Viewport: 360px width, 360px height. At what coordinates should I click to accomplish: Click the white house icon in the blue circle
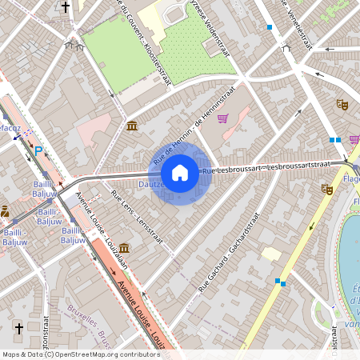click(180, 172)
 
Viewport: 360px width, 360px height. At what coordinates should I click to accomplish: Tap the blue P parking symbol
click(38, 150)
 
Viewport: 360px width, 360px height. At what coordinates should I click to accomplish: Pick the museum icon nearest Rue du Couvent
click(131, 126)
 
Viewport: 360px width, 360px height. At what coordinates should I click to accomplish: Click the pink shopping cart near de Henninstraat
click(222, 118)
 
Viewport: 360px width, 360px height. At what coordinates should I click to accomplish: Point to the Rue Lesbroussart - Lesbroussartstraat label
click(266, 167)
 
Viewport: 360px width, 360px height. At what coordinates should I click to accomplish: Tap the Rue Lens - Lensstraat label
click(137, 218)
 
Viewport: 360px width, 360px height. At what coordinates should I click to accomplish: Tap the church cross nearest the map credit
click(19, 328)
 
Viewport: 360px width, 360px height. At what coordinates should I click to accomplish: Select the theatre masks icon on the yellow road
click(326, 190)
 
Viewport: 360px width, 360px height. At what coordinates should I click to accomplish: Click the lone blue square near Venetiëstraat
click(270, 27)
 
